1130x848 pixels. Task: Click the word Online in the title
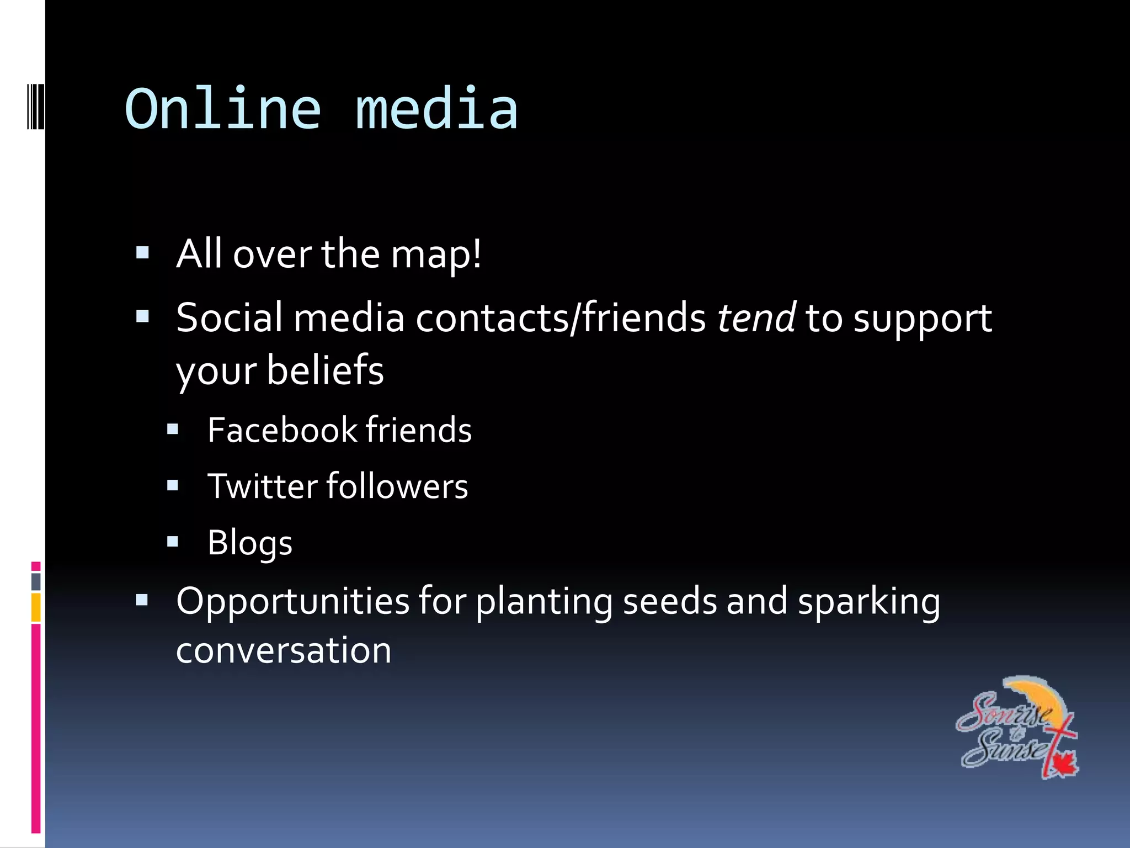[223, 109]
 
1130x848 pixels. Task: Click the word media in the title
[436, 109]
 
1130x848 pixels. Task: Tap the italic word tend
[756, 318]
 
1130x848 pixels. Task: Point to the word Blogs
[249, 543]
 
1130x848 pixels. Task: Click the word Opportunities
[292, 602]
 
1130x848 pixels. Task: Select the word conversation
[284, 650]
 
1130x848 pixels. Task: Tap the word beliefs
[326, 370]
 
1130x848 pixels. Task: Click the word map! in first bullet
[436, 255]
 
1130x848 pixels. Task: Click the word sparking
[869, 602]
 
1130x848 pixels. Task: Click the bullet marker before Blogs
[173, 542]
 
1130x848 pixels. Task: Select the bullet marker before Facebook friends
[173, 430]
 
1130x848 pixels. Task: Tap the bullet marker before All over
[142, 253]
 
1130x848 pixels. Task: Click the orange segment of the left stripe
[36, 607]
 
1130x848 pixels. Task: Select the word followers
[397, 486]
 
